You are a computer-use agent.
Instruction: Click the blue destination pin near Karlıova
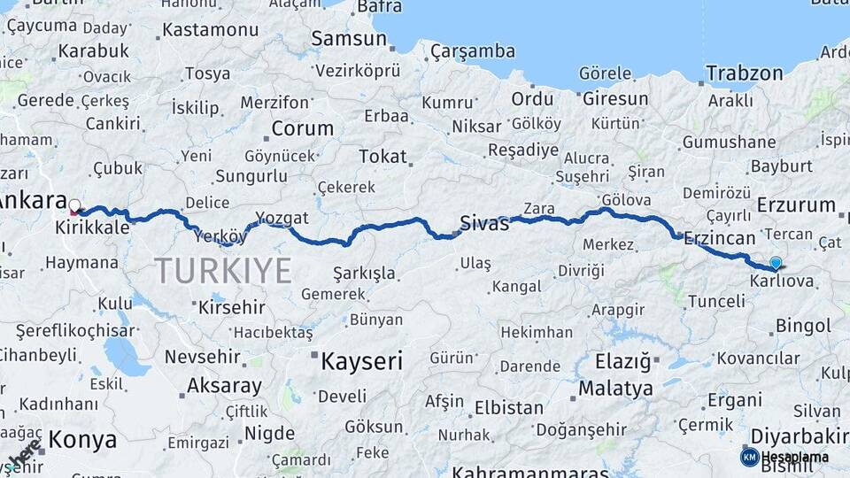[x=776, y=263]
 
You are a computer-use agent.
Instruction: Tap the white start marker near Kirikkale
[x=74, y=206]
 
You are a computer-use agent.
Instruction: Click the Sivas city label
[x=484, y=222]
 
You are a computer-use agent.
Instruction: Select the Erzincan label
[x=719, y=238]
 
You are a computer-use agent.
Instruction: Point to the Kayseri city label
[x=361, y=361]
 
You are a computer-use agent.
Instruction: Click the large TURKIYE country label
[x=223, y=270]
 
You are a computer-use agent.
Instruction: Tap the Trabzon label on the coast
[x=745, y=73]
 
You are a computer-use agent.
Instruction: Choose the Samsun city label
[x=349, y=39]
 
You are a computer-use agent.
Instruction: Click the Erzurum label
[x=796, y=205]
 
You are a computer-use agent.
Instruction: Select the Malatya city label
[x=615, y=389]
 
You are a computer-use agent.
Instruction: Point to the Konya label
[x=82, y=439]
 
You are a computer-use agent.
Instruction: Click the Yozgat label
[x=282, y=218]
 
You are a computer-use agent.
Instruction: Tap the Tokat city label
[x=382, y=157]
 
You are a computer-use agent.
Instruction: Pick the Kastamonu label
[x=210, y=30]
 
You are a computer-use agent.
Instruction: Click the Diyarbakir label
[x=799, y=436]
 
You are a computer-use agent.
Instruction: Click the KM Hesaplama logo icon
[x=749, y=457]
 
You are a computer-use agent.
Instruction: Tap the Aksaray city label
[x=224, y=386]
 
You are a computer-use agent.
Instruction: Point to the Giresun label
[x=615, y=98]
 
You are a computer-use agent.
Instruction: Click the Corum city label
[x=302, y=128]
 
